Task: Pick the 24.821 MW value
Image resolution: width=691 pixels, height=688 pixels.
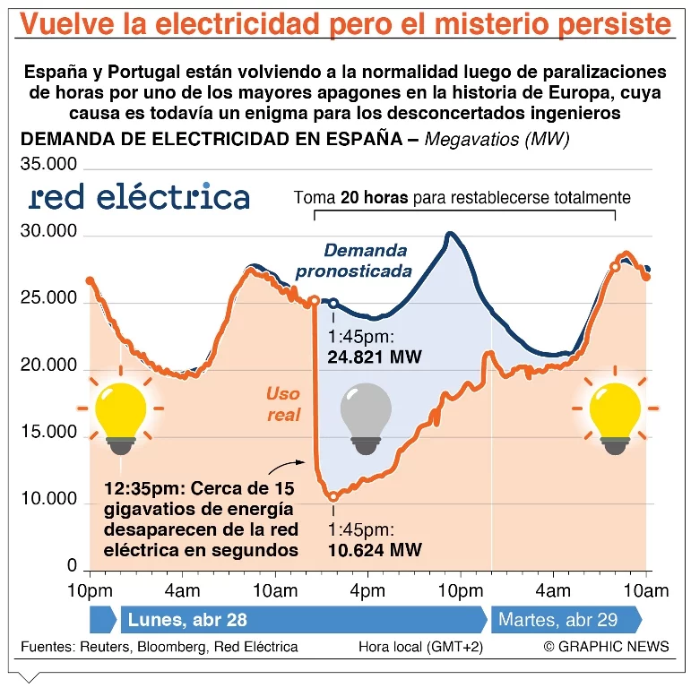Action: click(x=375, y=357)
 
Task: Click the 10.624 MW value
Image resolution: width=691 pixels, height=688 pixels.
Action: click(x=375, y=549)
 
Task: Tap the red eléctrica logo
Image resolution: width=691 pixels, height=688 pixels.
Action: click(x=139, y=196)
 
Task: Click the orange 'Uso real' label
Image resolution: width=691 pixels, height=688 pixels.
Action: click(x=283, y=404)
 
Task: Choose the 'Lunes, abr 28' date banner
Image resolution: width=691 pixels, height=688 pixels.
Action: click(x=188, y=620)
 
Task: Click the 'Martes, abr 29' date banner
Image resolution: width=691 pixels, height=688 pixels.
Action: click(x=557, y=620)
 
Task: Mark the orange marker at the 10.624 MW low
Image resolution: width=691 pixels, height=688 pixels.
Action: click(x=333, y=496)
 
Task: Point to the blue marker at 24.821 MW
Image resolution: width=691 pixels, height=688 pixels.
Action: click(x=333, y=304)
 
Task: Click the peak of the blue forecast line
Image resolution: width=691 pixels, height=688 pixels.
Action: click(x=450, y=235)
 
